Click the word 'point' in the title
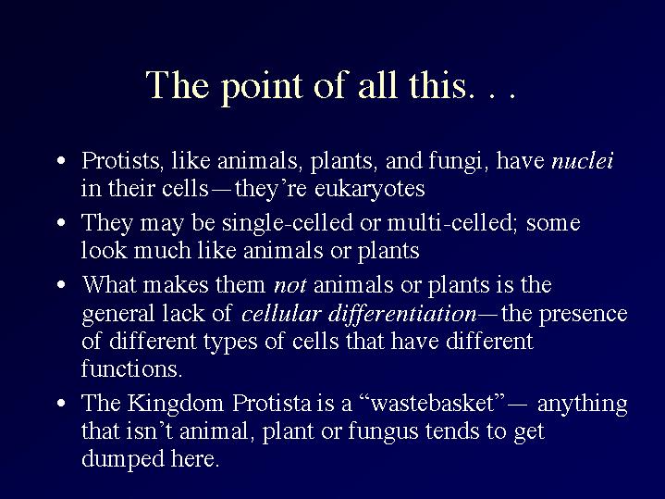tap(262, 87)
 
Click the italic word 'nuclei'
tap(583, 160)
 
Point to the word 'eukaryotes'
tap(369, 188)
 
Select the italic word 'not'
tap(290, 285)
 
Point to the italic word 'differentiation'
tap(402, 314)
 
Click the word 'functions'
tap(132, 368)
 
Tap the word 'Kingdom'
tap(175, 404)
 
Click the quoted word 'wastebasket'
tap(433, 403)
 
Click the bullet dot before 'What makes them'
tap(61, 284)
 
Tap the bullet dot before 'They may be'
tap(61, 222)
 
